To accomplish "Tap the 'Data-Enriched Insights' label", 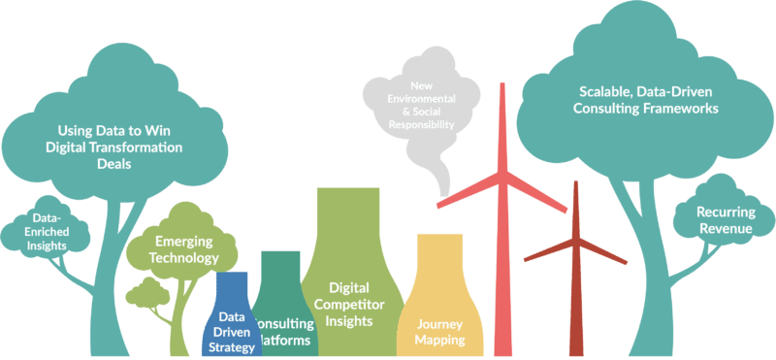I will tap(48, 232).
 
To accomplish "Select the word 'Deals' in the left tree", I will tap(114, 164).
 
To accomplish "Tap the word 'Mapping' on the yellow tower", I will tap(439, 340).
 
